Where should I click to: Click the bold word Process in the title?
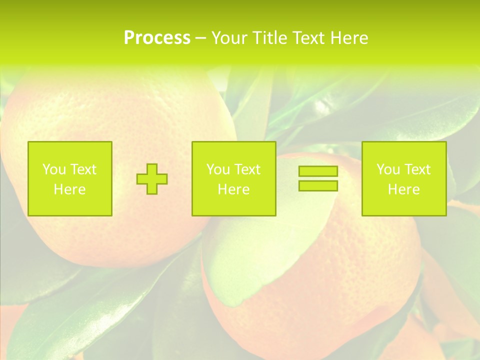(x=157, y=38)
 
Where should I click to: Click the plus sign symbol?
(x=152, y=179)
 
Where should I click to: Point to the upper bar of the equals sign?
(x=318, y=171)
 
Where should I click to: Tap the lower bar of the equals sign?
(x=318, y=186)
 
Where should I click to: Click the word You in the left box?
(x=54, y=169)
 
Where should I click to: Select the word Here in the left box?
(x=69, y=189)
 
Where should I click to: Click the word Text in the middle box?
(x=247, y=169)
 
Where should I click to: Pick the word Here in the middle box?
(x=233, y=189)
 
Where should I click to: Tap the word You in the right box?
(x=388, y=169)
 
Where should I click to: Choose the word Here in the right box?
(x=403, y=189)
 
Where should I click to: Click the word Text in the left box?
(x=83, y=169)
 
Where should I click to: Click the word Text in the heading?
(x=308, y=38)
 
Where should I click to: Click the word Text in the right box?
(x=417, y=169)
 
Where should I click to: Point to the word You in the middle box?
(x=218, y=169)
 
